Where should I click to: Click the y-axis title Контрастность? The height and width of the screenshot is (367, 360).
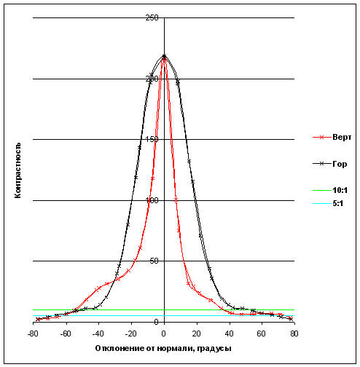(x=17, y=170)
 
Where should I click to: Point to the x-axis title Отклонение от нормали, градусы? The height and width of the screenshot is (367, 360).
(x=163, y=349)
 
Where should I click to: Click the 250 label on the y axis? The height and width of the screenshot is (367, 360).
(x=152, y=17)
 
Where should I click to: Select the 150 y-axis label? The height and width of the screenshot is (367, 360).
(x=152, y=139)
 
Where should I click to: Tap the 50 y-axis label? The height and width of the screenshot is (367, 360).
(x=154, y=261)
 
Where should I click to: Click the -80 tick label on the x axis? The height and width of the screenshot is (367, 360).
(x=32, y=334)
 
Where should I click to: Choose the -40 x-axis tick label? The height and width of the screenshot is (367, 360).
(x=98, y=334)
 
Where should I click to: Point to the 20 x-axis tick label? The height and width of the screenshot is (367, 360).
(x=196, y=334)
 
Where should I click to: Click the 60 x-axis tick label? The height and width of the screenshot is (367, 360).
(x=261, y=334)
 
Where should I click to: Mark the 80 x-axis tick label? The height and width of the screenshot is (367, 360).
(x=294, y=334)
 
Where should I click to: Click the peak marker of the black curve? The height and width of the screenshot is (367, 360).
(x=164, y=56)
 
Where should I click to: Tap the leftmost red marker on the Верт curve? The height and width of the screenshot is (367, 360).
(x=38, y=319)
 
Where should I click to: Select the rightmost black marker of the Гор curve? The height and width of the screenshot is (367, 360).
(x=291, y=319)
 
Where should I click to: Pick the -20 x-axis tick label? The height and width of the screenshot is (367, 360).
(x=131, y=334)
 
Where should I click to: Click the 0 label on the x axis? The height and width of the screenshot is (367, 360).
(x=164, y=334)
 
